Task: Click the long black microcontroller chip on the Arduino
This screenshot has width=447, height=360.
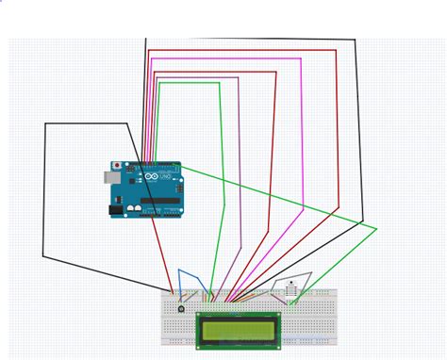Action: click(161, 201)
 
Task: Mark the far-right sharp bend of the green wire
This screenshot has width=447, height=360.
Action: click(376, 228)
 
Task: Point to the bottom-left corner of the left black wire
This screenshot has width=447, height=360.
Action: click(43, 254)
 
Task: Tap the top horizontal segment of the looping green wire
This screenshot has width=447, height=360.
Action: click(189, 83)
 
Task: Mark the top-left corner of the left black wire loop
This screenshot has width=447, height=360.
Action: click(45, 123)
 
